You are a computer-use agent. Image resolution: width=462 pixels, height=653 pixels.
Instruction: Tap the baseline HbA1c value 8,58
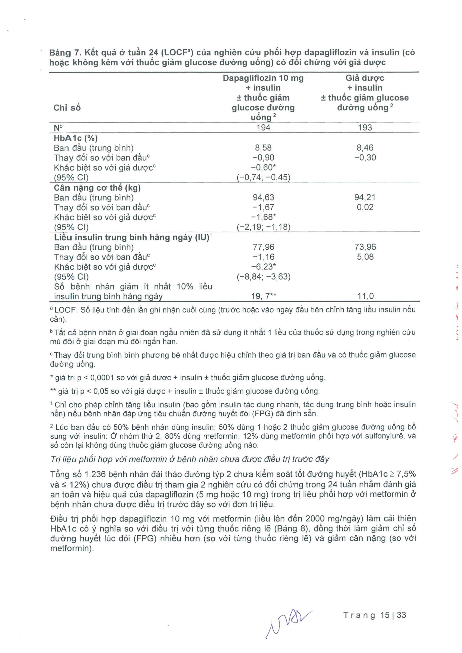tap(263, 148)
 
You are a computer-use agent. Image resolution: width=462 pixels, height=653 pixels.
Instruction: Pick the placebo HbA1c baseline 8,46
tap(365, 148)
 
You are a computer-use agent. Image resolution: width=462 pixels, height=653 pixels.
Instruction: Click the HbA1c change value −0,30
tap(365, 158)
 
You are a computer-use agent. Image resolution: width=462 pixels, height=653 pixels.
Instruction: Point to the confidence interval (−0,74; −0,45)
tap(263, 177)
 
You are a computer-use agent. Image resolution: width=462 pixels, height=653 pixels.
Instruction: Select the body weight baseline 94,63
tap(263, 197)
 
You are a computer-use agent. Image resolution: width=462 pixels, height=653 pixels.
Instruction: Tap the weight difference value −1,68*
tap(263, 217)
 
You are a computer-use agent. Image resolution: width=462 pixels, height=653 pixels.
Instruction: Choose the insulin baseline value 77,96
tap(263, 247)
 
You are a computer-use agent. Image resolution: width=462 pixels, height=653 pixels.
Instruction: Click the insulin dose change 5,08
tap(365, 257)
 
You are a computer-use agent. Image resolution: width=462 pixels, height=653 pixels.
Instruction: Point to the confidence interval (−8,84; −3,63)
tap(263, 277)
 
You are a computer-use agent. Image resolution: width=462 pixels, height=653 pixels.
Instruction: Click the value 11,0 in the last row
tap(365, 296)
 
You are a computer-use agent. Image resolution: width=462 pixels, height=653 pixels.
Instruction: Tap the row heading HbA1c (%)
tap(75, 138)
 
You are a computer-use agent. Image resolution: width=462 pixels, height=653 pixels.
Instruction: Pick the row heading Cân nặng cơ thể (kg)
tap(97, 188)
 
